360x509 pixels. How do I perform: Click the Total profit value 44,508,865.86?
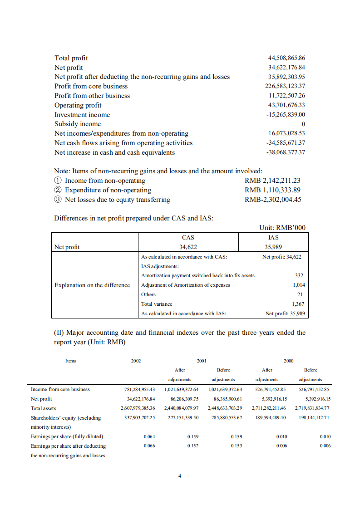tap(286, 58)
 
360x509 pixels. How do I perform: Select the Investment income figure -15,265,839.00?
tap(286, 115)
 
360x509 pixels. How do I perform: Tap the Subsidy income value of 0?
tap(303, 124)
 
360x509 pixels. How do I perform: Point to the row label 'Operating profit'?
tap(78, 105)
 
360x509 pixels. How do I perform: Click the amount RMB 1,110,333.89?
tap(272, 190)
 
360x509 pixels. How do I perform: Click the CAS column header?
tap(188, 237)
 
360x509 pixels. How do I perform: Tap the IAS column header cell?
tap(273, 237)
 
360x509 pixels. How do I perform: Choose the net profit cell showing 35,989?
tap(273, 247)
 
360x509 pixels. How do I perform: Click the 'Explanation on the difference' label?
tap(92, 285)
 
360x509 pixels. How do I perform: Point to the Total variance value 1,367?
tap(298, 304)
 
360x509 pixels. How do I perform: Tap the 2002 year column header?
tap(136, 361)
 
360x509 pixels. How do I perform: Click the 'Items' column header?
tap(71, 361)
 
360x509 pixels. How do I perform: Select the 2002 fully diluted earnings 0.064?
tap(149, 436)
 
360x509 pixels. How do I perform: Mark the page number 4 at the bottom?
tap(180, 476)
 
